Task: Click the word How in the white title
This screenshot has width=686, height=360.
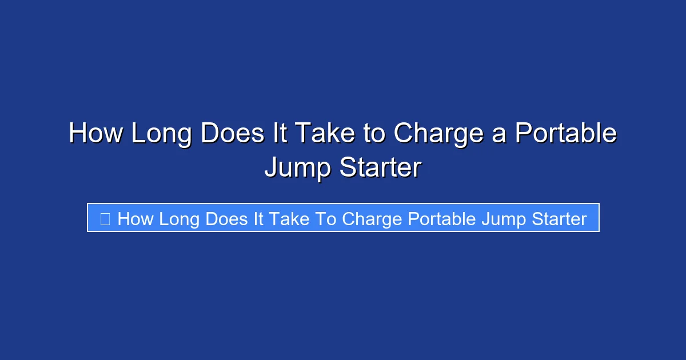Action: point(95,134)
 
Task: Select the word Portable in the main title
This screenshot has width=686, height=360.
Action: point(565,134)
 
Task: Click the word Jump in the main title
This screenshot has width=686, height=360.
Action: point(297,169)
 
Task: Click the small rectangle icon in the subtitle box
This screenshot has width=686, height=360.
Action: point(105,218)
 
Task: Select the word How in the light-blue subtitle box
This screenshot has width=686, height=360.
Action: point(135,218)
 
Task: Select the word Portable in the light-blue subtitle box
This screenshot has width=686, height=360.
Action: point(442,218)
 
